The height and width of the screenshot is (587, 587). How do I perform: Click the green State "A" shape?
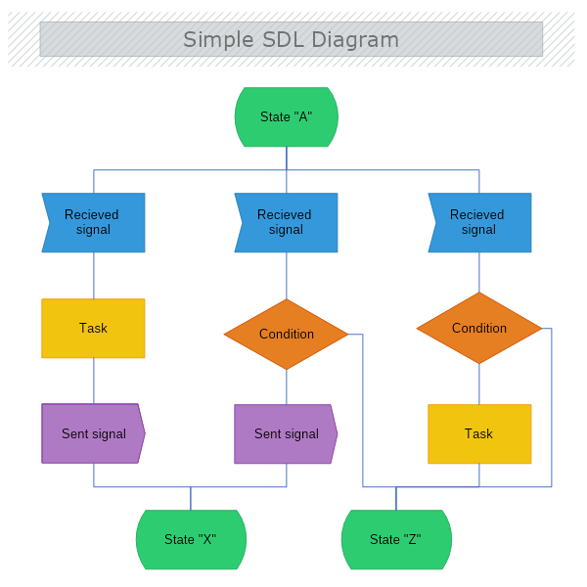pyautogui.click(x=287, y=116)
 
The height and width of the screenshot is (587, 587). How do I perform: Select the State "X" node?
pyautogui.click(x=191, y=539)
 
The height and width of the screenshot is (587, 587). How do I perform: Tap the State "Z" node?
pyautogui.click(x=396, y=539)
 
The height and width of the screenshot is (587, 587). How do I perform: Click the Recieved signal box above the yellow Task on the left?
pyautogui.click(x=93, y=223)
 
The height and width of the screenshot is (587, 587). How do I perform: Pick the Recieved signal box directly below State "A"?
pyautogui.click(x=286, y=223)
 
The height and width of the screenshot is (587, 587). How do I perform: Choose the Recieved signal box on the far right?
pyautogui.click(x=479, y=223)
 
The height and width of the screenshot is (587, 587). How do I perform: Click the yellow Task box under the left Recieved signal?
pyautogui.click(x=93, y=329)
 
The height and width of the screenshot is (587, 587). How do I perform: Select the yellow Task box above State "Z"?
pyautogui.click(x=479, y=433)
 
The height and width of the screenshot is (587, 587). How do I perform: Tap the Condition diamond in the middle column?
pyautogui.click(x=287, y=334)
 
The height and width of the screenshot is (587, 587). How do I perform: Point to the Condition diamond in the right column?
pyautogui.click(x=479, y=328)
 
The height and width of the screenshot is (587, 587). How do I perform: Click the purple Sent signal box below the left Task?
pyautogui.click(x=93, y=433)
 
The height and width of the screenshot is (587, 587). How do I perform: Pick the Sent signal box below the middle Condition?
pyautogui.click(x=286, y=433)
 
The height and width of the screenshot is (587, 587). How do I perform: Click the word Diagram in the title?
pyautogui.click(x=355, y=40)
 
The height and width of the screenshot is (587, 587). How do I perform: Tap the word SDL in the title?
pyautogui.click(x=284, y=39)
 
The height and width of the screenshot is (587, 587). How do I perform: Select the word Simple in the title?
pyautogui.click(x=218, y=40)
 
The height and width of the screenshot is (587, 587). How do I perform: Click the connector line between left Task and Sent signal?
pyautogui.click(x=94, y=381)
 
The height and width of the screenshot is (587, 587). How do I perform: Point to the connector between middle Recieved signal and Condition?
pyautogui.click(x=287, y=276)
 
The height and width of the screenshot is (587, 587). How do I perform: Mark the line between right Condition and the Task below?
pyautogui.click(x=479, y=384)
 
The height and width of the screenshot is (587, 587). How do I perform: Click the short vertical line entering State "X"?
pyautogui.click(x=191, y=498)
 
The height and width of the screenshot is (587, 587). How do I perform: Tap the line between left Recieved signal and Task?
pyautogui.click(x=94, y=276)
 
